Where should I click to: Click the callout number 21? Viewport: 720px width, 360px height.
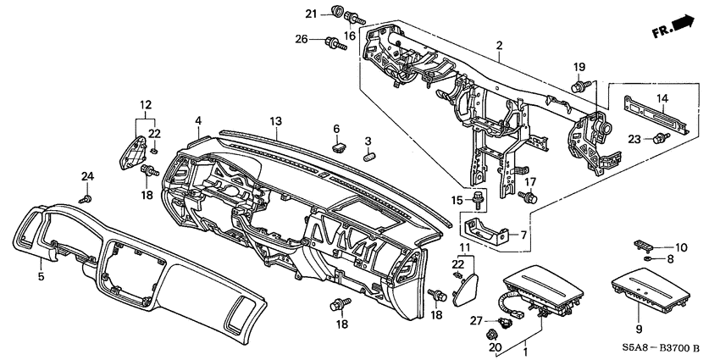click(x=311, y=13)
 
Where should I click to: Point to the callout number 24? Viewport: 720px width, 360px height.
click(x=88, y=175)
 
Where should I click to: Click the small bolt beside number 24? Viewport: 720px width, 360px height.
click(x=87, y=198)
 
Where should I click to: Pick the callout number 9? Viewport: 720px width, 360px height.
click(x=637, y=328)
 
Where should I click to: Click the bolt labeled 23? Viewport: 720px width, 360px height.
click(x=657, y=138)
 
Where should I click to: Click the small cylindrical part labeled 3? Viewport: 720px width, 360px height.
click(x=369, y=157)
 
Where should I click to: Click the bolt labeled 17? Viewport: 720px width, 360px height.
click(x=530, y=197)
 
